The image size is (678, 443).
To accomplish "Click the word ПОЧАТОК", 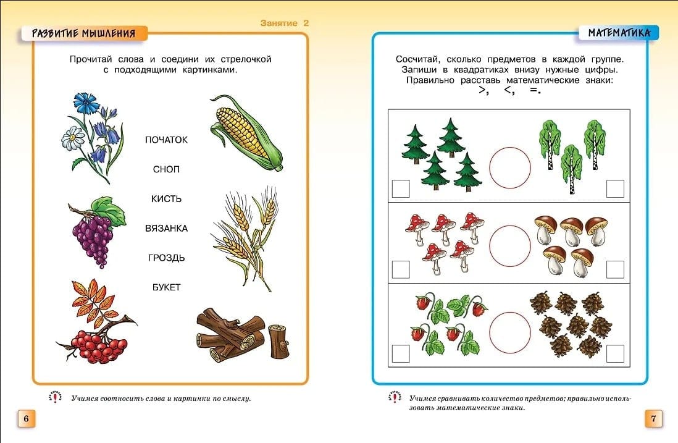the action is (x=166, y=140).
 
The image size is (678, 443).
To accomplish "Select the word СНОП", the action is (x=166, y=169).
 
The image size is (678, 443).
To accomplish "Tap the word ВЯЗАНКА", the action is (x=166, y=228).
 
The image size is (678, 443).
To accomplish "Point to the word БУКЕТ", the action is (x=166, y=287).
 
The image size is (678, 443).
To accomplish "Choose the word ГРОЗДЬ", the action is (x=166, y=258).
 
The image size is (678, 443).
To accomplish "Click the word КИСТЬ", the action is (x=166, y=198).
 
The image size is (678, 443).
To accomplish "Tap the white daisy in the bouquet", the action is (x=73, y=138).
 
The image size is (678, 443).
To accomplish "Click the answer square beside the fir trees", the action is (x=400, y=188).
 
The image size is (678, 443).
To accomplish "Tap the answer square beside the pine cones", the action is (x=615, y=353).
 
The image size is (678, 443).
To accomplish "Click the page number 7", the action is (x=653, y=418).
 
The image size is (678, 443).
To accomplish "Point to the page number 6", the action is (x=26, y=418).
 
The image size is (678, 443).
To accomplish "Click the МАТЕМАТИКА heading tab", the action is (x=619, y=33).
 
